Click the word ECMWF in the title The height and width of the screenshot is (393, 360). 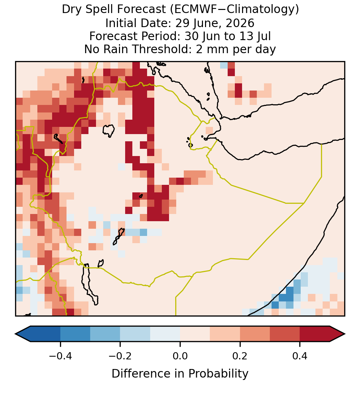pyautogui.click(x=192, y=10)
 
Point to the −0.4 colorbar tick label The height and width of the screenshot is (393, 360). pyautogui.click(x=60, y=356)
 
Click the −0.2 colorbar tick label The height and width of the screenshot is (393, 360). pyautogui.click(x=120, y=356)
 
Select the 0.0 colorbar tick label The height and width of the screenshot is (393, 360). pyautogui.click(x=180, y=356)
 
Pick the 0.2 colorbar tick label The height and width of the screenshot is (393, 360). pyautogui.click(x=240, y=356)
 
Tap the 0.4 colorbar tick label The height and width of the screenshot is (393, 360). pyautogui.click(x=300, y=356)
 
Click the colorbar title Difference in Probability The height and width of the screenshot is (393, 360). pyautogui.click(x=180, y=374)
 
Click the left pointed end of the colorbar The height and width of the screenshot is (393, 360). pyautogui.click(x=16, y=334)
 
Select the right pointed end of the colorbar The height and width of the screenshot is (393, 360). pyautogui.click(x=345, y=334)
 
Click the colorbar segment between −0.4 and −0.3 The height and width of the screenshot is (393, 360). pyautogui.click(x=75, y=334)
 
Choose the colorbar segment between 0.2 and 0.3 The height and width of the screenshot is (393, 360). pyautogui.click(x=255, y=334)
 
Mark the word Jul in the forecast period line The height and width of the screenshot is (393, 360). pyautogui.click(x=265, y=36)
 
